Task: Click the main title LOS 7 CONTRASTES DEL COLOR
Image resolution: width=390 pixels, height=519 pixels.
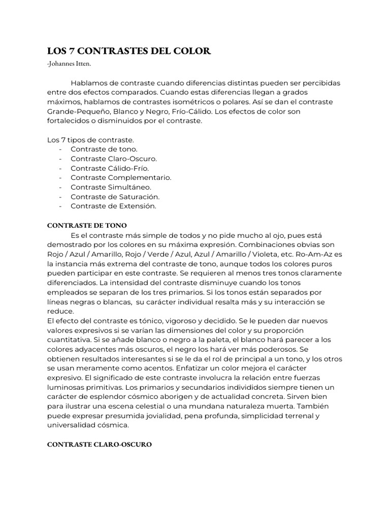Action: click(128, 51)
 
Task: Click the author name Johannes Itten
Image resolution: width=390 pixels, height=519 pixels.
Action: click(70, 63)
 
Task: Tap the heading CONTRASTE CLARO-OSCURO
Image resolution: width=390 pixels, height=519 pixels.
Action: click(100, 444)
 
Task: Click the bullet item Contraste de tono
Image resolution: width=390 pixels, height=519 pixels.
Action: click(104, 150)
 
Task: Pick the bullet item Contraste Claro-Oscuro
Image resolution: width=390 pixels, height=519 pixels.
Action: click(114, 159)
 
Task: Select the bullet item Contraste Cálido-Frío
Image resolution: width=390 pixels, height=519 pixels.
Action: click(110, 168)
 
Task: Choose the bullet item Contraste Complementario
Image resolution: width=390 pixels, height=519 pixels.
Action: click(121, 177)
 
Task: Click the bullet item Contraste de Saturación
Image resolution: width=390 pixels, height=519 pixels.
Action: click(115, 197)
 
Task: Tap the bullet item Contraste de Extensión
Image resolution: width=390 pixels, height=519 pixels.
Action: click(114, 206)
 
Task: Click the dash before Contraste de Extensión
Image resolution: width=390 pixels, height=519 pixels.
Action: click(61, 206)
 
